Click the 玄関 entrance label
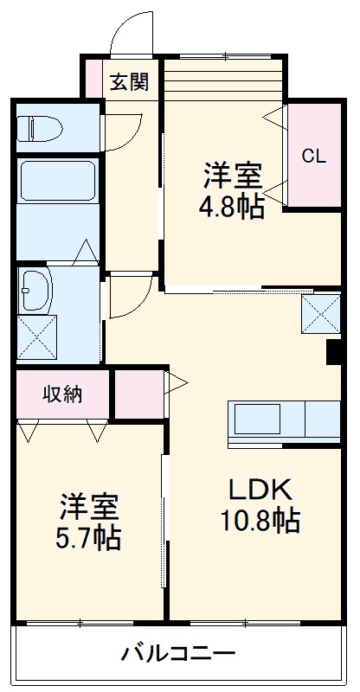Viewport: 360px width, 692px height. tap(129, 82)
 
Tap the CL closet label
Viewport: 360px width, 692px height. tap(313, 156)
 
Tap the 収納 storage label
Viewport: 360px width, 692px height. tap(62, 394)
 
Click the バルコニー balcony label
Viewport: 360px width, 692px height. tap(177, 651)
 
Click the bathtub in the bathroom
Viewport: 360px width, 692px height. tap(57, 183)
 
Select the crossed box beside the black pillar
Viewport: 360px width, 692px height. tap(321, 314)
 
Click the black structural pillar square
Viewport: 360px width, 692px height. tap(333, 352)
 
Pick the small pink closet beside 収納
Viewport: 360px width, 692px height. tap(138, 394)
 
